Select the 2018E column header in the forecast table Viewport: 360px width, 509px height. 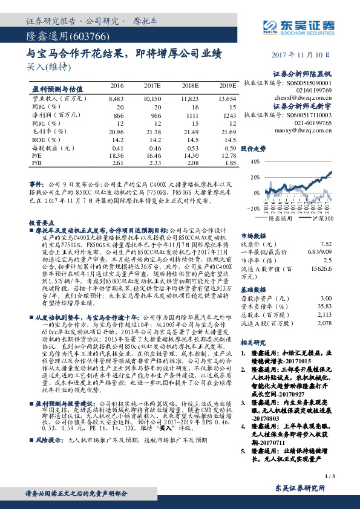pyautogui.click(x=190, y=86)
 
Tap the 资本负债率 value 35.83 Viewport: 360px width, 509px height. pyautogui.click(x=324, y=306)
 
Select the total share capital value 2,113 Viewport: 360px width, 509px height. pyautogui.click(x=324, y=315)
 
